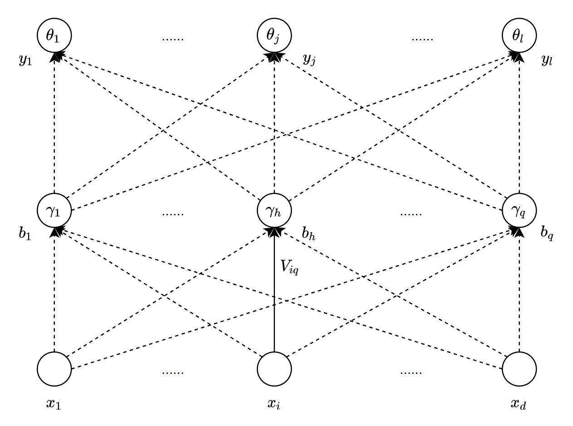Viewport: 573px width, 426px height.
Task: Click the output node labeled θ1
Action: pyautogui.click(x=54, y=35)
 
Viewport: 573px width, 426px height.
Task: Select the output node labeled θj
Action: pyautogui.click(x=274, y=35)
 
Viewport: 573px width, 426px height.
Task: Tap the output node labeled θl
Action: pyautogui.click(x=519, y=35)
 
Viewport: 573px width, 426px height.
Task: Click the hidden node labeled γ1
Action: pyautogui.click(x=54, y=211)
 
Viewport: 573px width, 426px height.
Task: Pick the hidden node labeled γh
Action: pyautogui.click(x=274, y=211)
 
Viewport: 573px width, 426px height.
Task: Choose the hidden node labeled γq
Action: pyautogui.click(x=519, y=211)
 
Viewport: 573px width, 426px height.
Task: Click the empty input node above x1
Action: pyautogui.click(x=54, y=369)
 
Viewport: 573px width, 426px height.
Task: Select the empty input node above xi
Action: pyautogui.click(x=274, y=369)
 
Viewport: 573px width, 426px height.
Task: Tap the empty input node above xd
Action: pyautogui.click(x=519, y=369)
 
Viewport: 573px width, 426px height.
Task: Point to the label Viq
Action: pyautogui.click(x=289, y=266)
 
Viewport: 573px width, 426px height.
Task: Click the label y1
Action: pyautogui.click(x=25, y=61)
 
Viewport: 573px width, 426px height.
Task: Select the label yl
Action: pyautogui.click(x=547, y=61)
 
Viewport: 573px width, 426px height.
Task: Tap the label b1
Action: pyautogui.click(x=25, y=234)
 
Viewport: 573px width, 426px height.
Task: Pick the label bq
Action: pyautogui.click(x=547, y=234)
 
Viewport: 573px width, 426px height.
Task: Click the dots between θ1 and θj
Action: pyautogui.click(x=173, y=39)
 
